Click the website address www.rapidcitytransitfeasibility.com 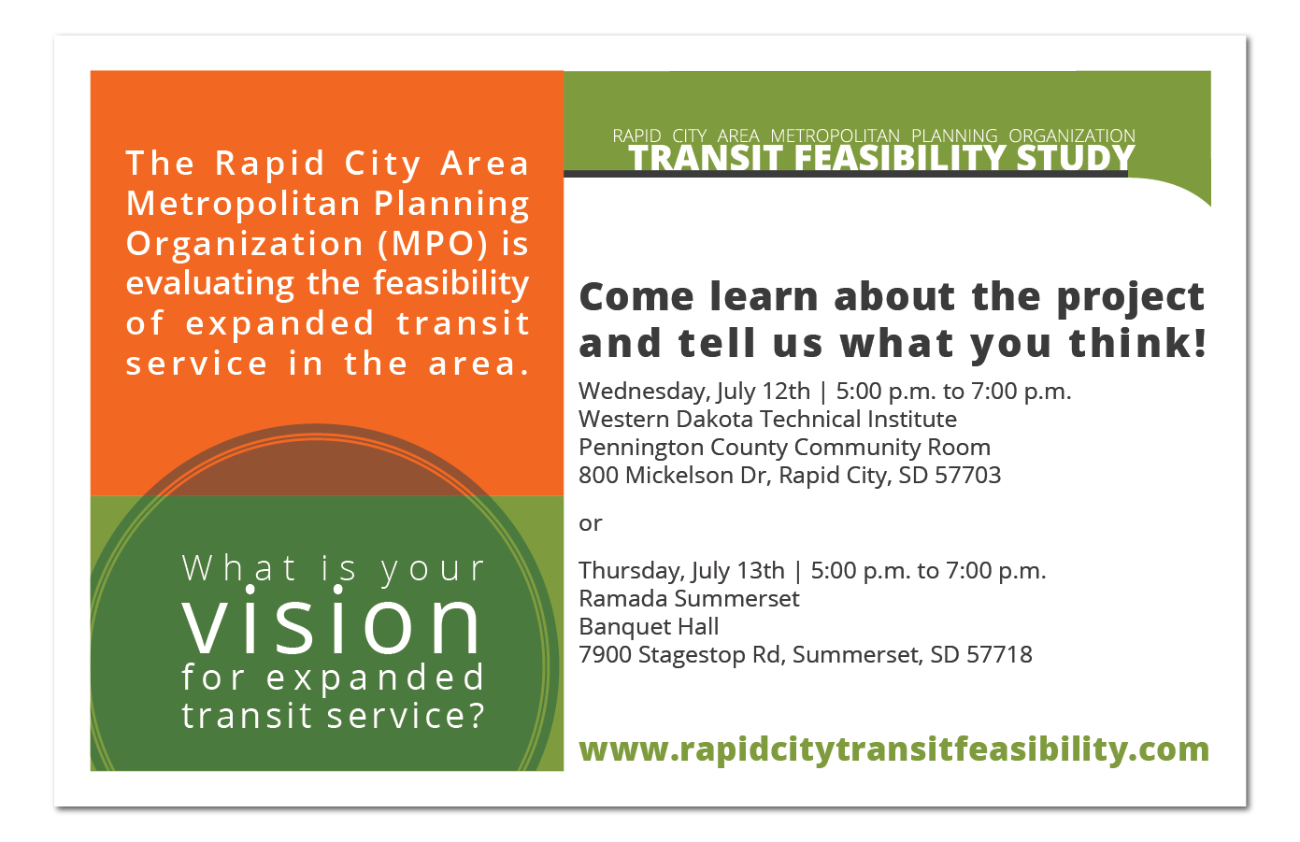893,749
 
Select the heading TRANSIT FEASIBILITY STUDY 881,159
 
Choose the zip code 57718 999,654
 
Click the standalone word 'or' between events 591,524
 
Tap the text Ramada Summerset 689,598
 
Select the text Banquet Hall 649,627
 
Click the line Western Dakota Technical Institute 768,419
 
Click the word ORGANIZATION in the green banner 1072,136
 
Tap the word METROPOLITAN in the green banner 836,136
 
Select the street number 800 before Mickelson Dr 598,476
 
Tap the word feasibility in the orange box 451,284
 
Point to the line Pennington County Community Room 785,448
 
